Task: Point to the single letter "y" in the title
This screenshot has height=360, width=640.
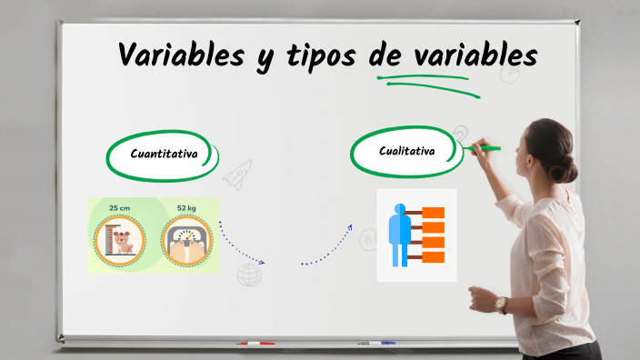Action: tap(261, 59)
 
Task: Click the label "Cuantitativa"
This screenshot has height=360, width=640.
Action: tap(164, 154)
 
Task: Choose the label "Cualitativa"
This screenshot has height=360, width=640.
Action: tap(406, 150)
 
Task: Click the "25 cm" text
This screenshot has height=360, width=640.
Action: tap(119, 208)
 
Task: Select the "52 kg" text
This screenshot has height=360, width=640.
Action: tap(186, 208)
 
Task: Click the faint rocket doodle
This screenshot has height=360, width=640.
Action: tap(238, 174)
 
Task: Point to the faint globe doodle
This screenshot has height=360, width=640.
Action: tap(248, 275)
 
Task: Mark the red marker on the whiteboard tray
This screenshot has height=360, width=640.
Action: tap(255, 344)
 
